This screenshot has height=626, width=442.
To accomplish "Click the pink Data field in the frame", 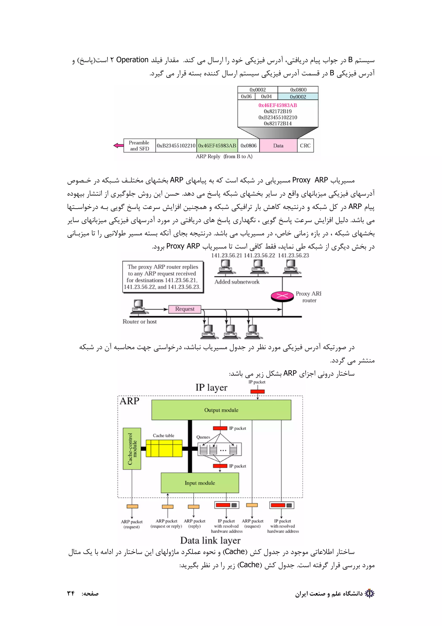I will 278,146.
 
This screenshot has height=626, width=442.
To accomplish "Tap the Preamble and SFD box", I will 139,146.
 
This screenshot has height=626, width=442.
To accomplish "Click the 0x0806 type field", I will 248,146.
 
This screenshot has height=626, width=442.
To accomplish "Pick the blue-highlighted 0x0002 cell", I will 298,97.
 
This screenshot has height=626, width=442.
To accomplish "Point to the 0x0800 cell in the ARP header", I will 298,90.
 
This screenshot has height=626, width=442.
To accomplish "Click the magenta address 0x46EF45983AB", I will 278,105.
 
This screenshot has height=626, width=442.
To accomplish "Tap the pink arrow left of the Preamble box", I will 118,145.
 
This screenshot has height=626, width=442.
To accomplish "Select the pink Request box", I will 185,309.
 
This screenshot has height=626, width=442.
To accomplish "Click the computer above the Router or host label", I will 139,307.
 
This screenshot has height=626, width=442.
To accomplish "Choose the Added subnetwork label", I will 237,282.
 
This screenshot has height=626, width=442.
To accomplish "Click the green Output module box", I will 221,410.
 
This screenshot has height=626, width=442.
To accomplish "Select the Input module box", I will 200,483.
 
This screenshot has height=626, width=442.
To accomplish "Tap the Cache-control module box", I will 132,448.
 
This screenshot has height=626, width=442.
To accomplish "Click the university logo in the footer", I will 369,593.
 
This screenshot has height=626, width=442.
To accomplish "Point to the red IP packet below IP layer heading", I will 257,392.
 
